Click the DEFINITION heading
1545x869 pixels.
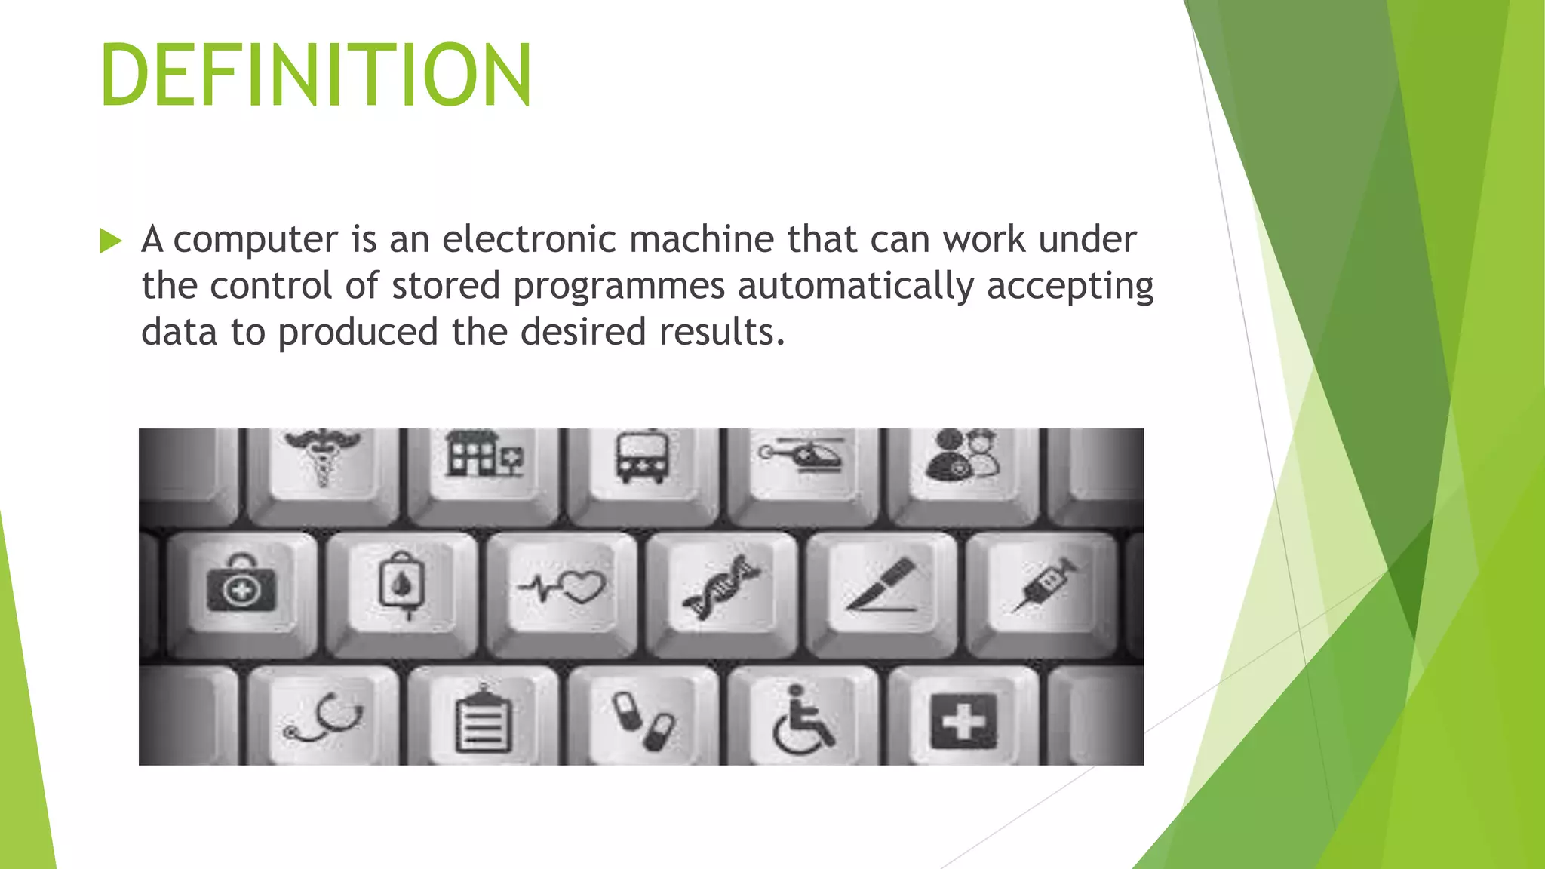point(315,75)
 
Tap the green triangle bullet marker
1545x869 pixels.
point(110,241)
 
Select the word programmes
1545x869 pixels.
point(619,287)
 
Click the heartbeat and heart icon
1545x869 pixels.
point(562,586)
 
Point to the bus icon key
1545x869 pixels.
point(642,456)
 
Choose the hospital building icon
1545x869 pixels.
point(484,455)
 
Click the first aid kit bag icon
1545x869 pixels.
point(241,585)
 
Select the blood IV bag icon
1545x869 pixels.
point(401,585)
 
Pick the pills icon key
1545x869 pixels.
point(643,720)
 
